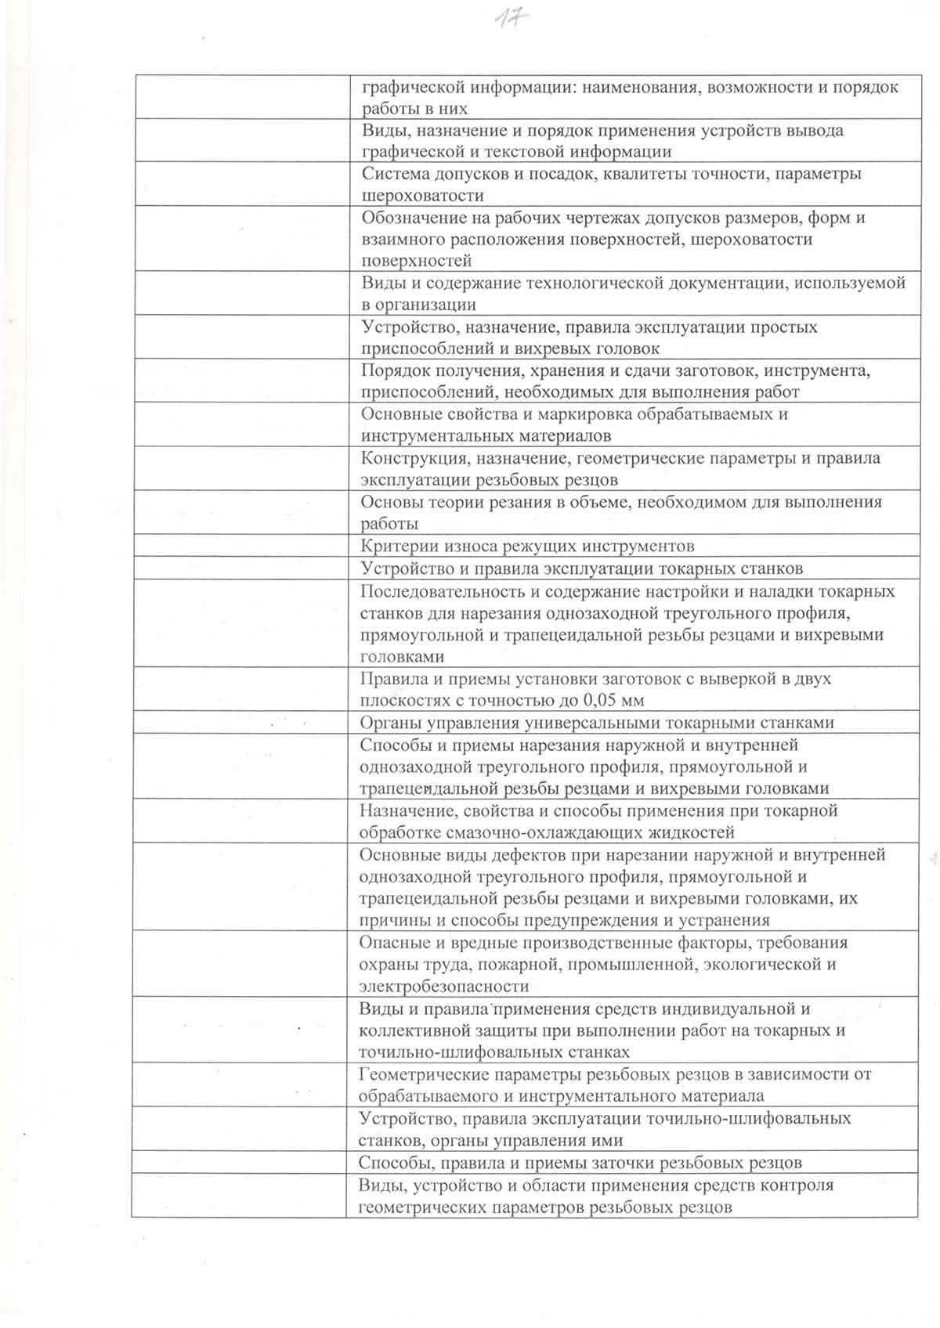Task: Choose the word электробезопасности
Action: (x=443, y=987)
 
